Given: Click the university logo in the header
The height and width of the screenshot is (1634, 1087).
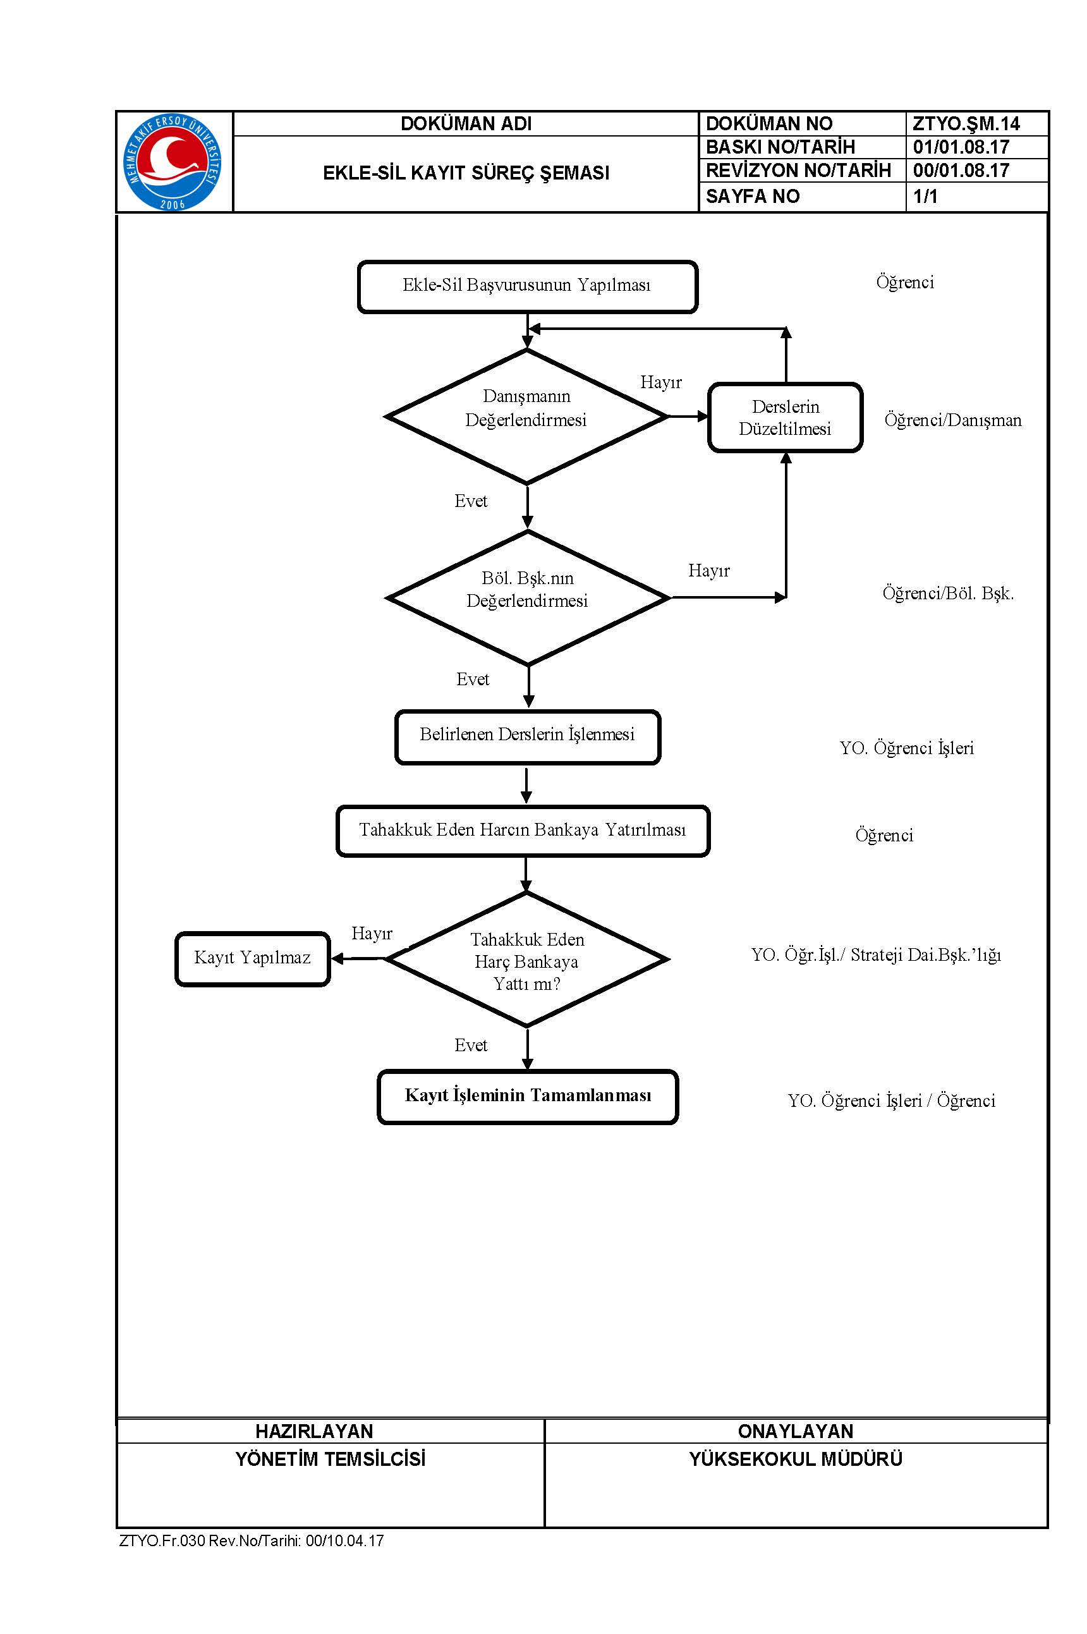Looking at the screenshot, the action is point(173,162).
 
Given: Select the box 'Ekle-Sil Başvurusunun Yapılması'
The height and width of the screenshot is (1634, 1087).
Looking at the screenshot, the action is point(527,286).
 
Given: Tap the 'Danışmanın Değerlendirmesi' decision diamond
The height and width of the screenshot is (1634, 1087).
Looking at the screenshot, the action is point(527,417).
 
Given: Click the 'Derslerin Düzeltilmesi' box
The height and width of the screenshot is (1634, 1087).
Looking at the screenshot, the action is point(785,417).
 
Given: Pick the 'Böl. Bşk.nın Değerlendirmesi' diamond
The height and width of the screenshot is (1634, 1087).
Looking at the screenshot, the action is point(528,597).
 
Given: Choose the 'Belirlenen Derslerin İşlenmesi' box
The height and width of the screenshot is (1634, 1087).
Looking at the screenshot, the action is point(528,737).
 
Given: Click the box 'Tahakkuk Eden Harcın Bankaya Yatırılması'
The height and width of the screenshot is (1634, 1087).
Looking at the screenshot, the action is point(523,831).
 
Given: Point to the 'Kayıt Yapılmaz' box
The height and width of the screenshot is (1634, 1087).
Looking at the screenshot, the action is point(252,959).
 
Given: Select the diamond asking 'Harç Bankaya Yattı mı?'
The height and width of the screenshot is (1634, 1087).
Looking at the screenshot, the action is point(527,960).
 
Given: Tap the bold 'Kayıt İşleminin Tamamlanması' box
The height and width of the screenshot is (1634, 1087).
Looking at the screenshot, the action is point(528,1097).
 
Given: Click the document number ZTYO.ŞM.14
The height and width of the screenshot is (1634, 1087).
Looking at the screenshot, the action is point(966,123).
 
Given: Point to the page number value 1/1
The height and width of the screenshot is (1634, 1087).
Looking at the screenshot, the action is point(925,196).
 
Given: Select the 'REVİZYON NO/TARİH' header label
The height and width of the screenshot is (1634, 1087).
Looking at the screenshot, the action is point(798,170).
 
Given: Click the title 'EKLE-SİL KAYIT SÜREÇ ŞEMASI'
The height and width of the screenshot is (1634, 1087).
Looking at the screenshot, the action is point(466,173).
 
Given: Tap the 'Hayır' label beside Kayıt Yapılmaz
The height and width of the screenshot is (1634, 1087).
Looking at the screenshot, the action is point(372,933).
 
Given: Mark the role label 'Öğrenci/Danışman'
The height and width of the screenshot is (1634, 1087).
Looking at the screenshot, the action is point(952,420).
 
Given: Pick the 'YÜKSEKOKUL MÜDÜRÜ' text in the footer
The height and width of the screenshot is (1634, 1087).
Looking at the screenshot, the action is point(795,1459).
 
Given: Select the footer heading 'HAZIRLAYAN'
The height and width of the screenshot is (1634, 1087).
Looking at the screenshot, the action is point(314,1431).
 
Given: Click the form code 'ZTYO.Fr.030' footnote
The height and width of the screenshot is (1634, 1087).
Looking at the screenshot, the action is point(162,1540).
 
